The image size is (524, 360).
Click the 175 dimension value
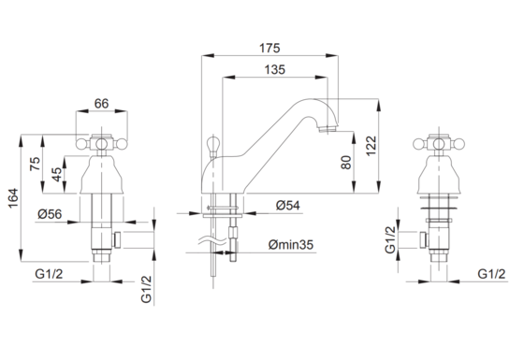pyautogui.click(x=269, y=48)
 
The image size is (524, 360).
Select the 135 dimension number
pyautogui.click(x=275, y=70)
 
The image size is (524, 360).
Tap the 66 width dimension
pyautogui.click(x=101, y=104)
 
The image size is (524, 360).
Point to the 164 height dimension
pyautogui.click(x=13, y=198)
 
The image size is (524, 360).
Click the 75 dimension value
pyautogui.click(x=36, y=164)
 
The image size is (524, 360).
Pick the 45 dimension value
pyautogui.click(x=56, y=174)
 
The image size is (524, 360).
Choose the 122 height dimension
pyautogui.click(x=371, y=146)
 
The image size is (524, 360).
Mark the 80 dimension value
pyautogui.click(x=346, y=163)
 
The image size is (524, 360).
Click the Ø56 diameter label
pyautogui.click(x=50, y=214)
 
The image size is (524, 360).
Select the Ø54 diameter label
pyautogui.click(x=288, y=205)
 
